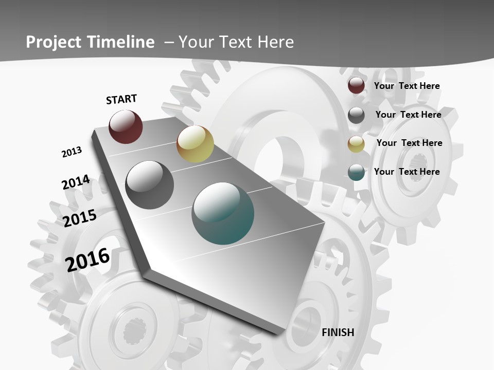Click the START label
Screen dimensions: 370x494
tap(121, 99)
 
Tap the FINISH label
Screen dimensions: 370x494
tap(338, 332)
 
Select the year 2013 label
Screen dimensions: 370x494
tap(72, 152)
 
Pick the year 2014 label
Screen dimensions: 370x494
tap(76, 182)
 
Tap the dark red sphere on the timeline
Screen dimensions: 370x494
tap(126, 126)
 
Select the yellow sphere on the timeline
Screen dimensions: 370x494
tap(195, 144)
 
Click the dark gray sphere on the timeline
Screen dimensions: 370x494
tap(149, 184)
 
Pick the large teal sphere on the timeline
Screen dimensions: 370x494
tap(223, 213)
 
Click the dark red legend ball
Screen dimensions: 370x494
tap(356, 86)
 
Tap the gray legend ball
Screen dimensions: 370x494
tap(356, 115)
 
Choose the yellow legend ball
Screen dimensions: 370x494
tap(356, 144)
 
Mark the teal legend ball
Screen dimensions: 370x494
tap(356, 172)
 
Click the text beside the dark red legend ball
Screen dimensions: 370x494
tap(407, 86)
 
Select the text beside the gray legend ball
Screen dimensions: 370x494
tap(408, 115)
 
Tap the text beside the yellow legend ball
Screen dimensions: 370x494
tap(409, 143)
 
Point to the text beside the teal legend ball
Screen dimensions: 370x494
tap(407, 172)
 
